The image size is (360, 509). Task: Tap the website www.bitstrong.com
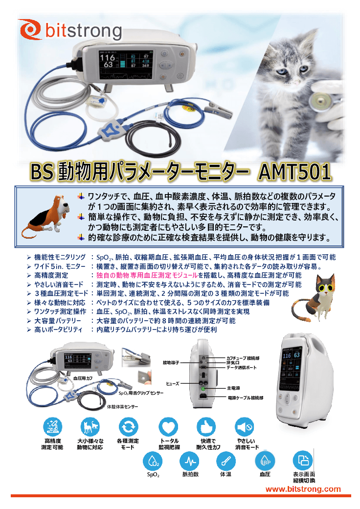[x=303, y=489]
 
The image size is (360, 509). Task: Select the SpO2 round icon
[x=153, y=462]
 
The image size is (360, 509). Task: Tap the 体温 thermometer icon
[x=225, y=462]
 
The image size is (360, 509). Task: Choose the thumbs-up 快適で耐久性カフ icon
[x=206, y=427]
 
